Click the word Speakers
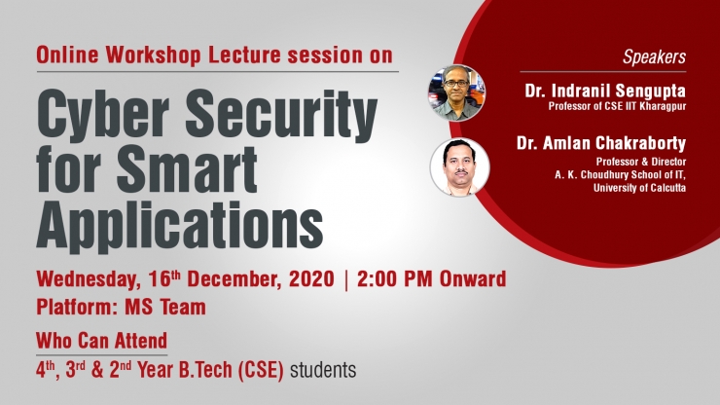coord(654,57)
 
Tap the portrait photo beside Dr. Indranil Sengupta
coord(456,93)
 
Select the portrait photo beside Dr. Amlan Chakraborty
coord(459,167)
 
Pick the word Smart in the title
coord(187,168)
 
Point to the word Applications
coord(180,225)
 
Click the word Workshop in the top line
coord(154,55)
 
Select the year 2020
coord(311,279)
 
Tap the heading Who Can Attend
coord(102,341)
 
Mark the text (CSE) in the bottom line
coord(261,371)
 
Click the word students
coord(323,370)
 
